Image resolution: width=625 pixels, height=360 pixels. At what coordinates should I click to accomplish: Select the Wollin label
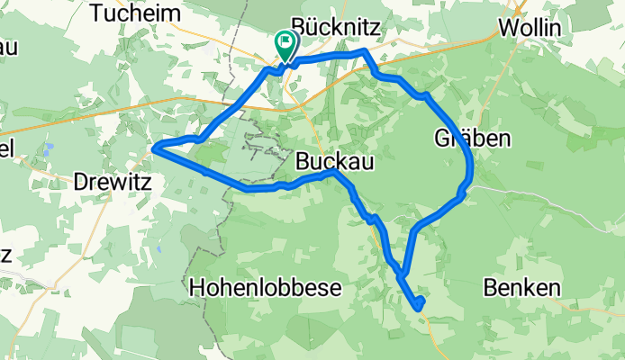pos(530,28)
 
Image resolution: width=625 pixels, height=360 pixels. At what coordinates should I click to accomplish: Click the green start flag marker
pos(285,41)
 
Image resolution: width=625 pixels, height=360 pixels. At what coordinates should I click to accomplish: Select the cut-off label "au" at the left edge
pos(7,45)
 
